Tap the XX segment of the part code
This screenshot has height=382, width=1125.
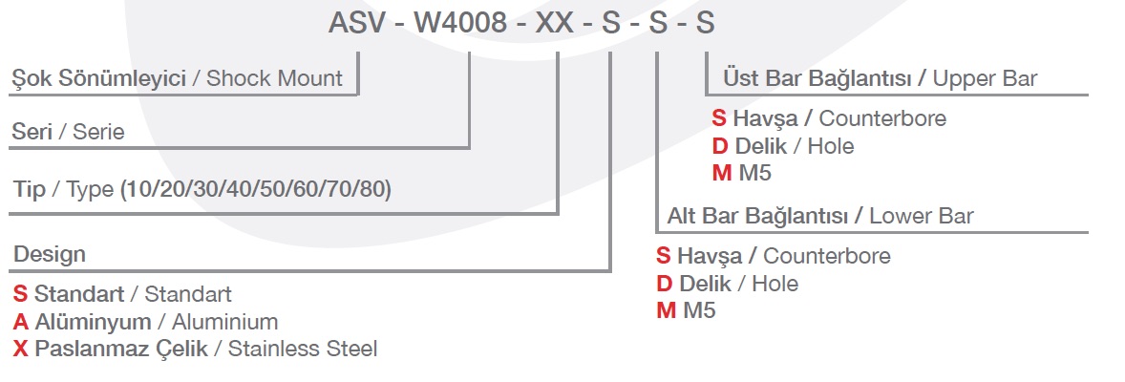pyautogui.click(x=555, y=23)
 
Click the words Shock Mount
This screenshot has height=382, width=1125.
pyautogui.click(x=274, y=78)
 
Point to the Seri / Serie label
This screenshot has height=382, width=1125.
pyautogui.click(x=68, y=133)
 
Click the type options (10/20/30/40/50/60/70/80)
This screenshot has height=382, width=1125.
pyautogui.click(x=256, y=189)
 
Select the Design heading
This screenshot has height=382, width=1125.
pyautogui.click(x=50, y=254)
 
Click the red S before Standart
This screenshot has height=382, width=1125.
pyautogui.click(x=20, y=294)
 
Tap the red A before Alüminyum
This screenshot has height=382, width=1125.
pyautogui.click(x=20, y=322)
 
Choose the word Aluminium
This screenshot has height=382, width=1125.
pyautogui.click(x=225, y=322)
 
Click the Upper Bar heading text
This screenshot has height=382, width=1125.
pyautogui.click(x=985, y=78)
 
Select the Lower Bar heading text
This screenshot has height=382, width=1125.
pyautogui.click(x=922, y=216)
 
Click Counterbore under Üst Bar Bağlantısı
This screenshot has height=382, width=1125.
pyautogui.click(x=882, y=118)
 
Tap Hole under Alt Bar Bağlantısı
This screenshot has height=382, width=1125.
pyautogui.click(x=775, y=284)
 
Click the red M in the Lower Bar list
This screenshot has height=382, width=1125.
pyautogui.click(x=666, y=311)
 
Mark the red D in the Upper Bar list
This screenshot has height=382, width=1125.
pyautogui.click(x=720, y=146)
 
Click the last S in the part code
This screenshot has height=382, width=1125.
pyautogui.click(x=705, y=23)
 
